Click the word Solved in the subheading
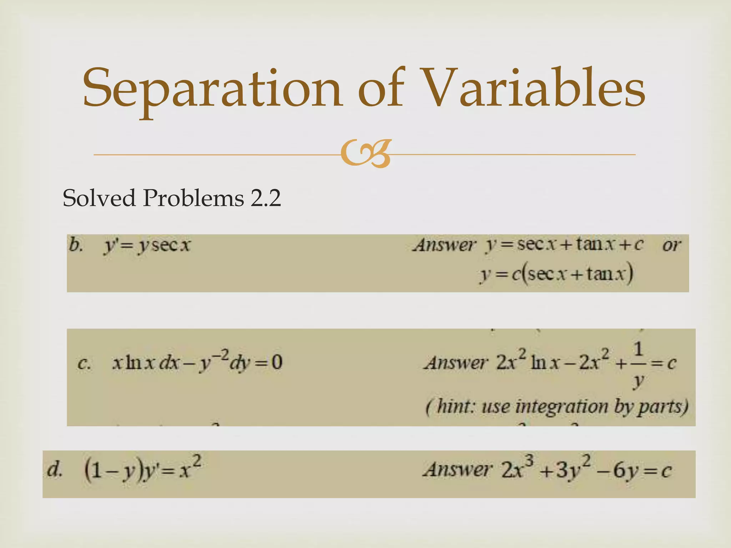pos(99,198)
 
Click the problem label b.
pos(76,245)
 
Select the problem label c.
pos(84,364)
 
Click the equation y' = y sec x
pos(147,245)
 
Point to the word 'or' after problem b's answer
pos(671,245)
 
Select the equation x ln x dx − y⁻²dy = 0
pos(197,362)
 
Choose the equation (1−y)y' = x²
pos(143,470)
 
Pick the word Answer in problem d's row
pos(457,470)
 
